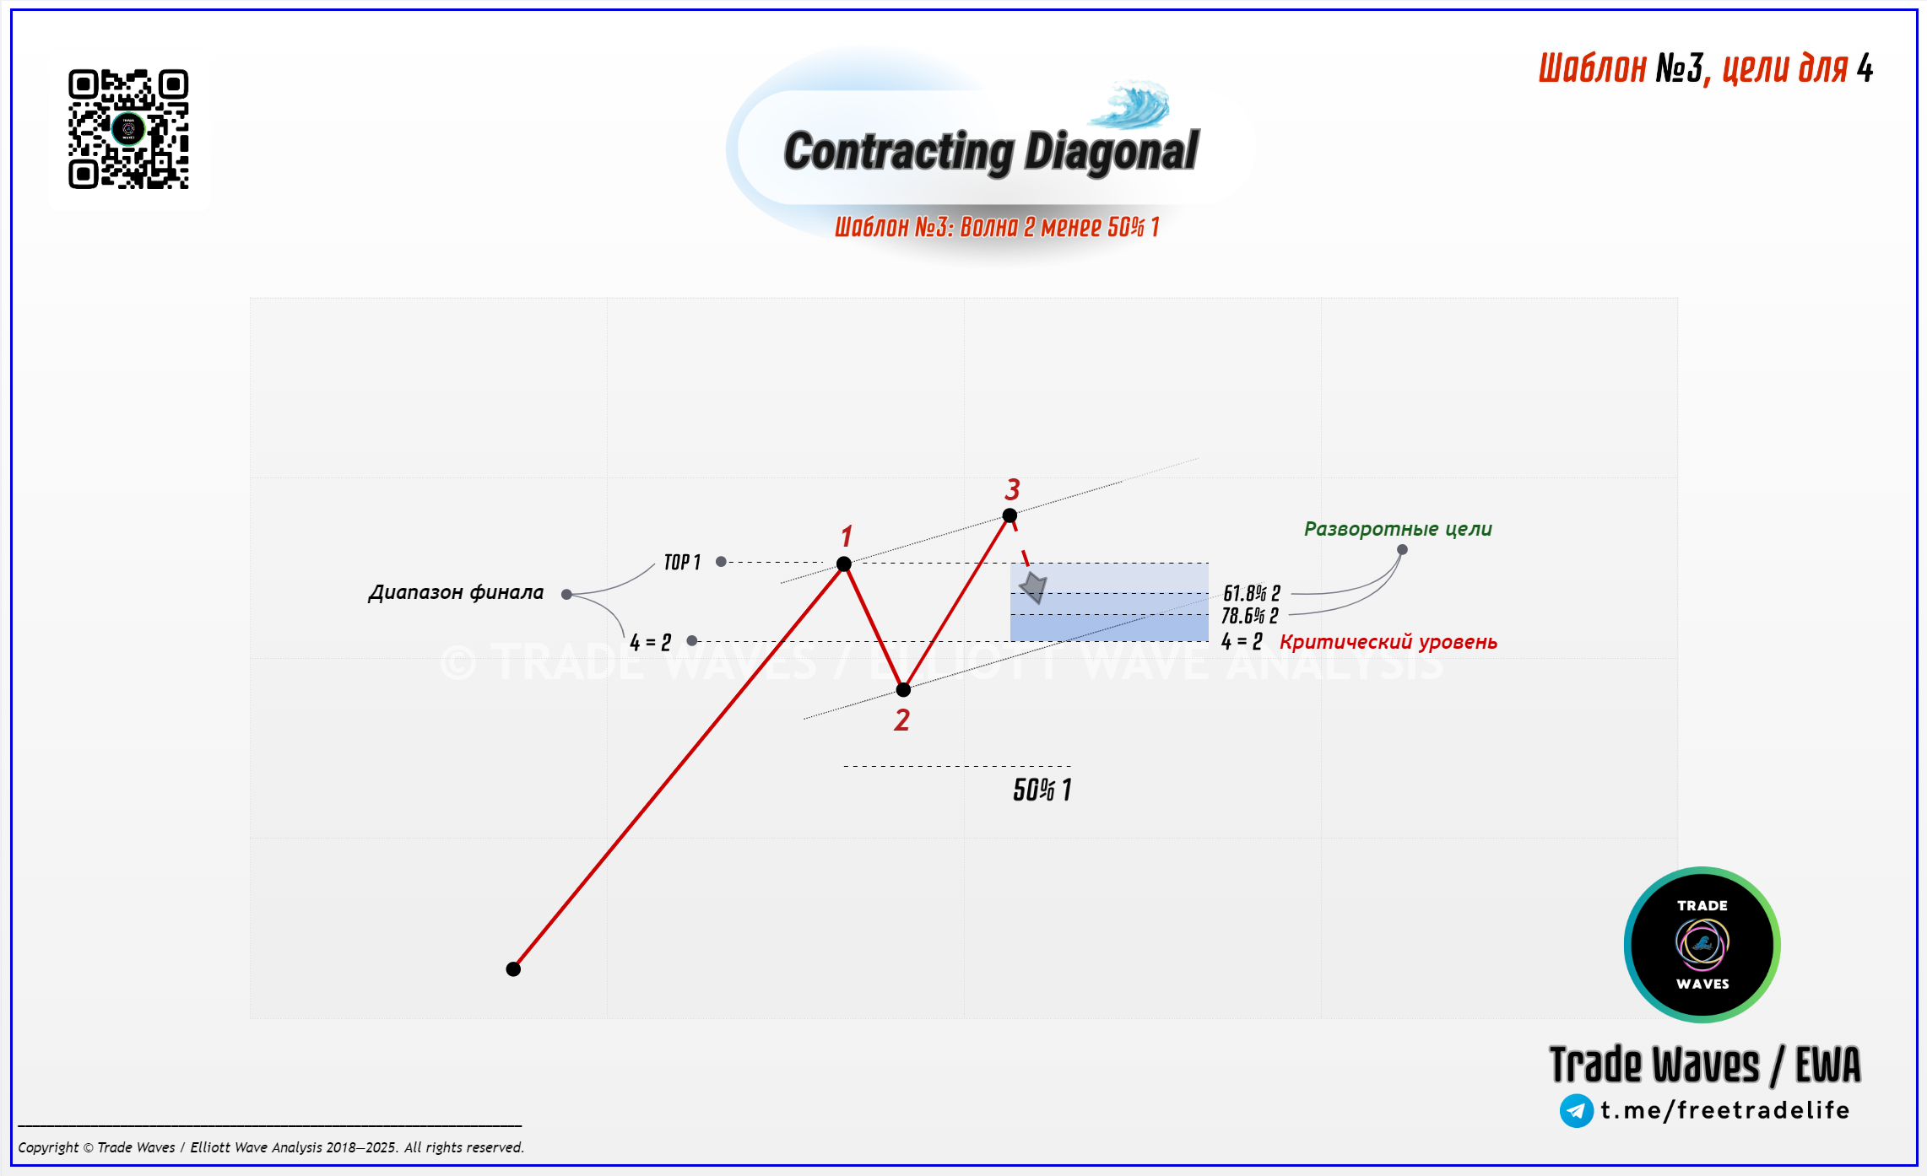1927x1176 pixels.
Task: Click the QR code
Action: (128, 129)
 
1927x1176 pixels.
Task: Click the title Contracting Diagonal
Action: (991, 152)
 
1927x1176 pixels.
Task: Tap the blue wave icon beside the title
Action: (1129, 105)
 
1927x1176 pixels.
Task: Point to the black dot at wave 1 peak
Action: (844, 564)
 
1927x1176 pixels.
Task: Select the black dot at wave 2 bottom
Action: (903, 690)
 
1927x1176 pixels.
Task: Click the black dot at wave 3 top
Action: (1010, 515)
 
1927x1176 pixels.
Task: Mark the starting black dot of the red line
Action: (513, 969)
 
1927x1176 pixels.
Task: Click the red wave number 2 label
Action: (902, 720)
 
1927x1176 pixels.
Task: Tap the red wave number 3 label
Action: (1013, 489)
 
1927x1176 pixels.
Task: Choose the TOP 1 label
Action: (682, 563)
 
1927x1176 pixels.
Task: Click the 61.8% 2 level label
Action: (1252, 594)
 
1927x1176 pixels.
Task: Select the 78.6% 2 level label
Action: (1250, 616)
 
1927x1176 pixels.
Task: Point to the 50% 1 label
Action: (1042, 790)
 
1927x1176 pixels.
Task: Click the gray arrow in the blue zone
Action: (1034, 587)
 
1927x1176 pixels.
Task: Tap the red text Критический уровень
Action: (1388, 642)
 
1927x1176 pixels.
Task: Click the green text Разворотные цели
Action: (1398, 529)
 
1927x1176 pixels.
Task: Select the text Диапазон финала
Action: (456, 592)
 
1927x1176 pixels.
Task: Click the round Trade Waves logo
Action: (1702, 945)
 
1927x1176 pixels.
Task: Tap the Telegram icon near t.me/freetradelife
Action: (1577, 1110)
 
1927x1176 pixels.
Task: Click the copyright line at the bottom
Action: (271, 1147)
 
